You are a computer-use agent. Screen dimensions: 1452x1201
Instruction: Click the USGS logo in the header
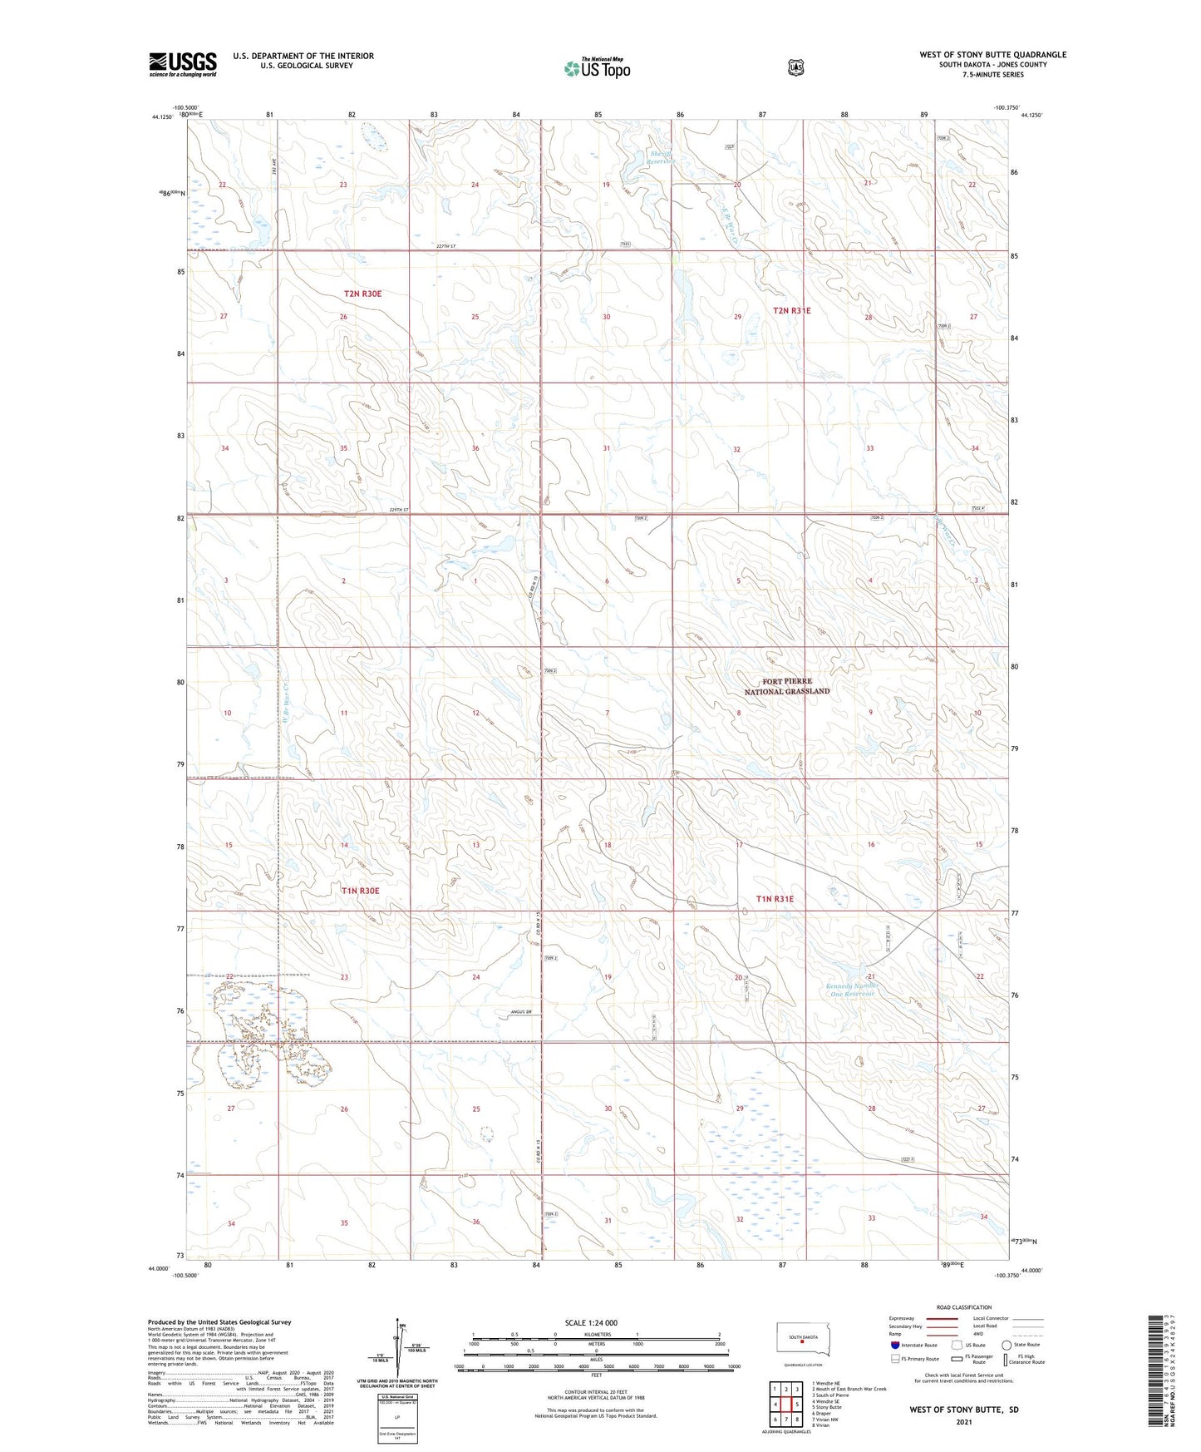(182, 64)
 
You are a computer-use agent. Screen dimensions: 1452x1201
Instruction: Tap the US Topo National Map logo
(597, 67)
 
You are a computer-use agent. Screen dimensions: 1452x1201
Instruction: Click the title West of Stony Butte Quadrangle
(992, 55)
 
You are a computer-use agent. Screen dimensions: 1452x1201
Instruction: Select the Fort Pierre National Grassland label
(786, 686)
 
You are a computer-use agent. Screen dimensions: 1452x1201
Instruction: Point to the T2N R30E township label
(362, 294)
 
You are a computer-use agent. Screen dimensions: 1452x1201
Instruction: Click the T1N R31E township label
(775, 899)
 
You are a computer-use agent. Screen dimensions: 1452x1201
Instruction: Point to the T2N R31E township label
(791, 310)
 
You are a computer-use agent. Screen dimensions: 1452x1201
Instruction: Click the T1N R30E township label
(360, 891)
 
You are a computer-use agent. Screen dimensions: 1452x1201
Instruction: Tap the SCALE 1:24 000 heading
(591, 1322)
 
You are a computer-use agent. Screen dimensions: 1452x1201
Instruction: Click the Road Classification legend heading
(963, 1307)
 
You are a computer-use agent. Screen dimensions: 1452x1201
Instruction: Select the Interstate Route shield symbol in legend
(894, 1345)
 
